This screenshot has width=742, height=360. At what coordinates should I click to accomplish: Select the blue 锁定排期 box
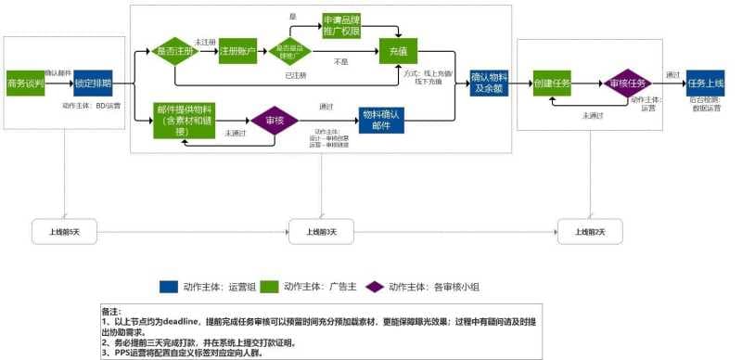pyautogui.click(x=94, y=83)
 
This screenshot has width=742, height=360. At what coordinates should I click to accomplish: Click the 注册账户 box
pyautogui.click(x=237, y=52)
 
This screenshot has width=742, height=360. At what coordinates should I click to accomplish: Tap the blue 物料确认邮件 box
pyautogui.click(x=381, y=120)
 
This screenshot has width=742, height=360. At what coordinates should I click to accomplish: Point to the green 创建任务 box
pyautogui.click(x=552, y=83)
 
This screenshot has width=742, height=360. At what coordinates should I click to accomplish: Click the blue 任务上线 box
pyautogui.click(x=704, y=83)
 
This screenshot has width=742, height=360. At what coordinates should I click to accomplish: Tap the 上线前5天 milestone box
pyautogui.click(x=65, y=231)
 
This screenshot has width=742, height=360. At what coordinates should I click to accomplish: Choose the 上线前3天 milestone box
pyautogui.click(x=321, y=231)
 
